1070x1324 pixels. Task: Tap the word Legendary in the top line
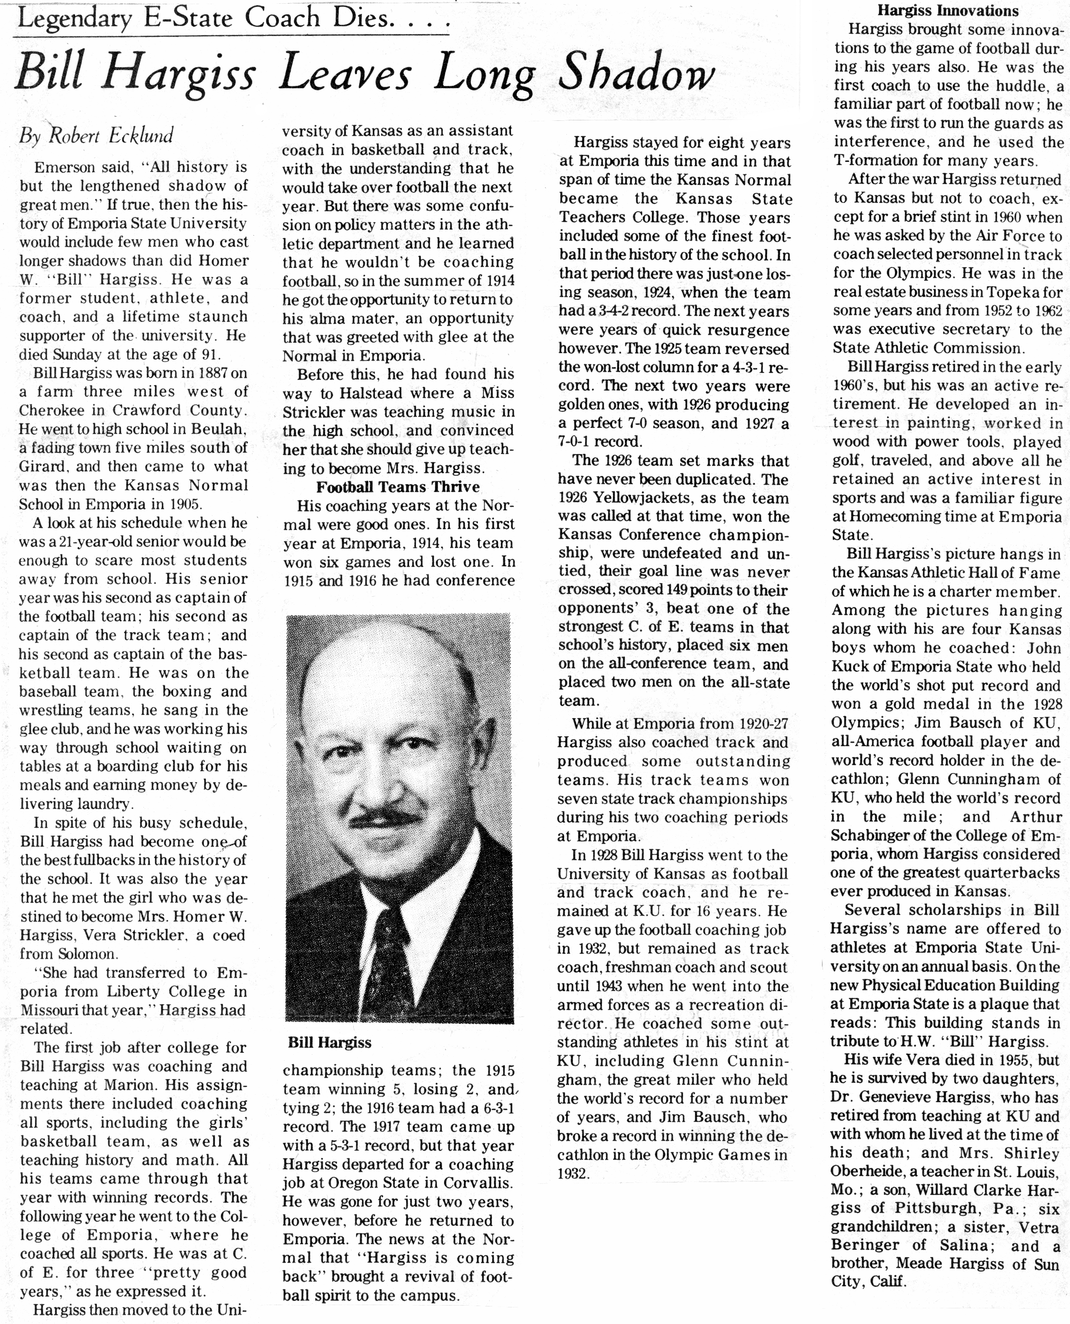[x=74, y=18]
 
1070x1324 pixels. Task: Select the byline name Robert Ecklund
[x=111, y=136]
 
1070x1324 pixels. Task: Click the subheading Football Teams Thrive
[x=398, y=487]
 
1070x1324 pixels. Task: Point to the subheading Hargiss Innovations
[x=947, y=11]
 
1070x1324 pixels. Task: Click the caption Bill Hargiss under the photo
[x=329, y=1042]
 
